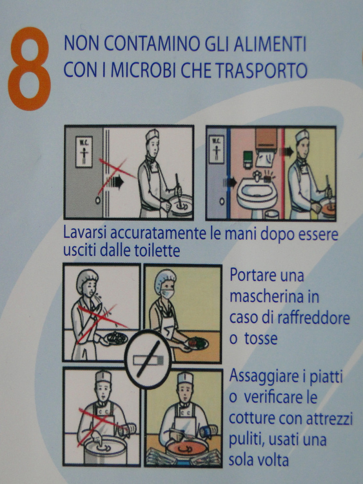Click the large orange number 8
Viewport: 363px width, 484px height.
(x=30, y=69)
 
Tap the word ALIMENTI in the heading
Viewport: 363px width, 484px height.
(x=270, y=44)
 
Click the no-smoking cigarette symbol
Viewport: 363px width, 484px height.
(x=148, y=359)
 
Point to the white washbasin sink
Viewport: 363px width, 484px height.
(x=256, y=194)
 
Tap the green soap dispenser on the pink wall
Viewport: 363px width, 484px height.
(x=248, y=159)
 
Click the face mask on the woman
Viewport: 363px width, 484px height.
(x=167, y=293)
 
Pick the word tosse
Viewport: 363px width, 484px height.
(x=261, y=338)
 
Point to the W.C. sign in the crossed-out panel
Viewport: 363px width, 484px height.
(x=84, y=152)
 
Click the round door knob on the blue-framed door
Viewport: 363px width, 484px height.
(x=222, y=201)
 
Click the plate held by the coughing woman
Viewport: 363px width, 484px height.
(x=116, y=338)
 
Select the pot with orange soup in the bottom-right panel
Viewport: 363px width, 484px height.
(x=187, y=450)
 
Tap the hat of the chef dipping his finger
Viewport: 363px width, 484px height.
(x=103, y=377)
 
